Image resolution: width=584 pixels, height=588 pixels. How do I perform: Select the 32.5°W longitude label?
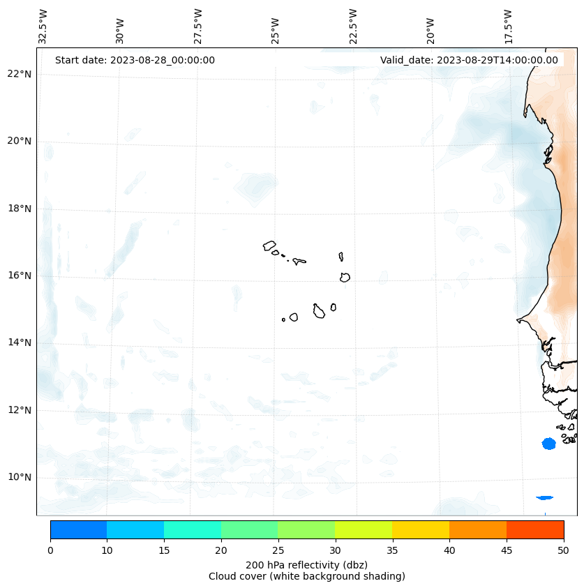pos(43,27)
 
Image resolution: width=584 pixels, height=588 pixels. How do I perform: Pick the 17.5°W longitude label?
pos(509,27)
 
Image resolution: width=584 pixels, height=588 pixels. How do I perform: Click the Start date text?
pos(135,60)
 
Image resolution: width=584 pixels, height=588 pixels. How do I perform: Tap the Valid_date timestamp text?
pos(469,60)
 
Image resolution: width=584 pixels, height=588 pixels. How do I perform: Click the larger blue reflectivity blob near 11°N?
pos(548,444)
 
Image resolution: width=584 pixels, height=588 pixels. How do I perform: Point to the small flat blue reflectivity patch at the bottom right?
pos(544,497)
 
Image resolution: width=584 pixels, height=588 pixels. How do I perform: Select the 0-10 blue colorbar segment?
pos(78,529)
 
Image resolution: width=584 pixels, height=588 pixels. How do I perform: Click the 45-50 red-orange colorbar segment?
pos(535,529)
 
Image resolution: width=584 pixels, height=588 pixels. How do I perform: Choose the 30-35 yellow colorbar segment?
pos(364,529)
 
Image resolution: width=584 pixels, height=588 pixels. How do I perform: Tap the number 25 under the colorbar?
pos(278,551)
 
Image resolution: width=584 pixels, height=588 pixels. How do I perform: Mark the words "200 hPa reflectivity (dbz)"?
pos(306,564)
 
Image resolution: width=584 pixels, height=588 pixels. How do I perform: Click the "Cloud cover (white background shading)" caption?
pos(306,576)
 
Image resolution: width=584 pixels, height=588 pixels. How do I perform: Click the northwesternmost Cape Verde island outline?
pos(269,246)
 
